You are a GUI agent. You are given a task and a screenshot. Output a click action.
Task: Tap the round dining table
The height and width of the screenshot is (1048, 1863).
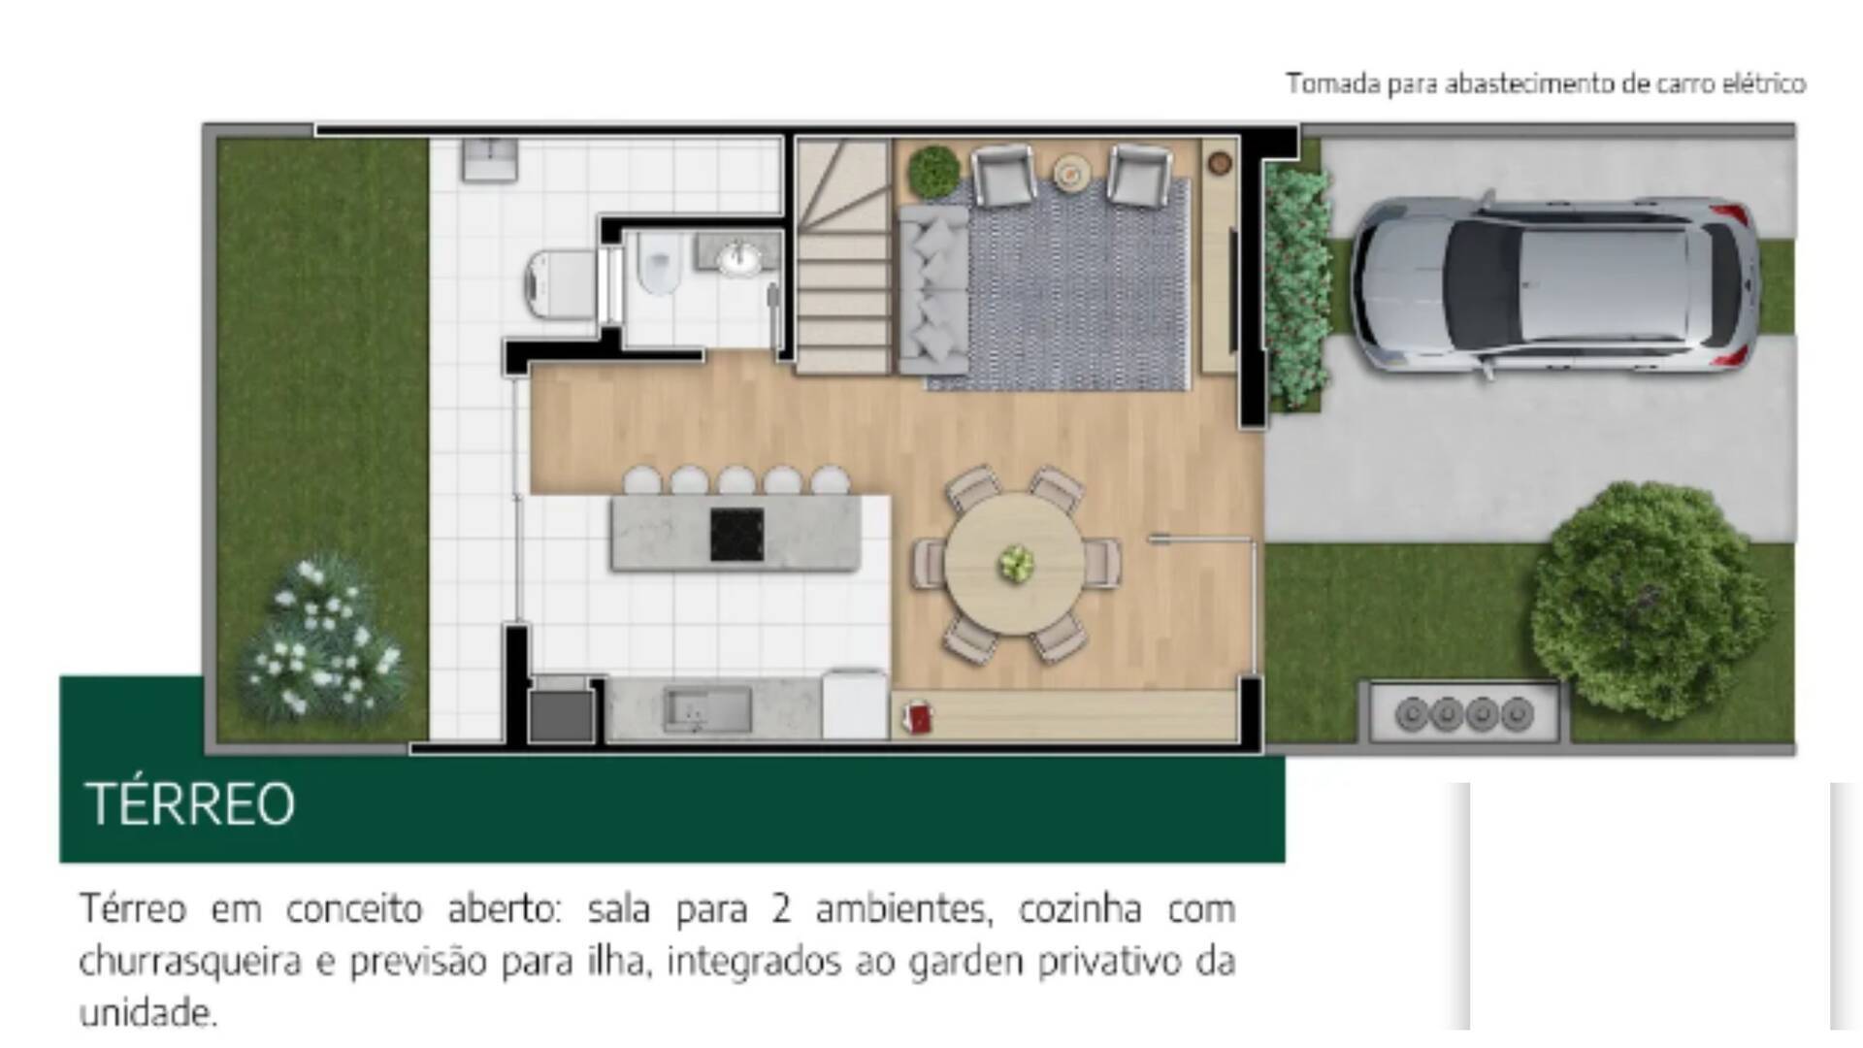[1015, 563]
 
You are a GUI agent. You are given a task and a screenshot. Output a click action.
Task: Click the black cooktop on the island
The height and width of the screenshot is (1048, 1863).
[736, 535]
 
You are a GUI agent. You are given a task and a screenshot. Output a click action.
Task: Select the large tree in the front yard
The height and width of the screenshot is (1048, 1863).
[1650, 602]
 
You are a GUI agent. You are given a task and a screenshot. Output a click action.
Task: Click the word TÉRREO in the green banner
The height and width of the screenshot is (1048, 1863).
[190, 804]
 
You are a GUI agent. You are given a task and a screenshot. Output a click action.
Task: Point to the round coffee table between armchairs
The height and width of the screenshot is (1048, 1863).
[1071, 172]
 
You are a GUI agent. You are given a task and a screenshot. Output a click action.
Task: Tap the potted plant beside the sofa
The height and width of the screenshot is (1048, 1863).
[933, 172]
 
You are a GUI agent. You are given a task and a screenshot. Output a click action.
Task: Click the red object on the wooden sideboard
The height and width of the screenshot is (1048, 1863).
[917, 719]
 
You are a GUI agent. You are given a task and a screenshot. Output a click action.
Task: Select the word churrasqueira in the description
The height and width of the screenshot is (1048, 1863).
[188, 962]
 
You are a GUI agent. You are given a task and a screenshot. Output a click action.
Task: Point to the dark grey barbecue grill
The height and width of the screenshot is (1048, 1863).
[562, 713]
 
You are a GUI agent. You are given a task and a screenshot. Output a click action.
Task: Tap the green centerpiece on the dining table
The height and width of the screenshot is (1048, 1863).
[1016, 563]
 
